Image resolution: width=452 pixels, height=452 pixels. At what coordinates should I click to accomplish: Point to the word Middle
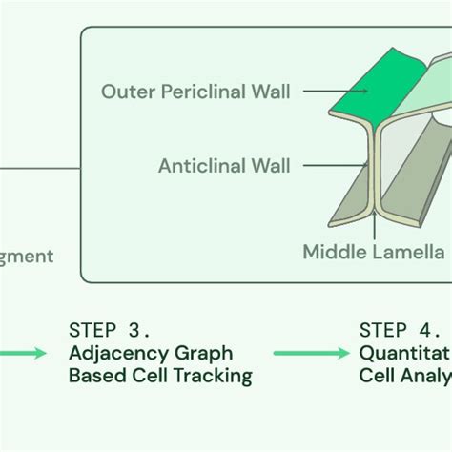tap(334, 252)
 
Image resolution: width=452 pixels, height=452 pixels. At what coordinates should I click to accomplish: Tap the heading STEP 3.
tap(109, 330)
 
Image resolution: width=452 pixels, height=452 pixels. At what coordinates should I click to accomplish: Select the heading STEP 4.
tap(400, 330)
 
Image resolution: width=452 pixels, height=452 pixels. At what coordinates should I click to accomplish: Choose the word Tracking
tap(213, 376)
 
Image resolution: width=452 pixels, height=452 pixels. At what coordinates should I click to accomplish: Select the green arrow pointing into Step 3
tap(23, 354)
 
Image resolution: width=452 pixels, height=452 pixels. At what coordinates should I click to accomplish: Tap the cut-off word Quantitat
tap(404, 353)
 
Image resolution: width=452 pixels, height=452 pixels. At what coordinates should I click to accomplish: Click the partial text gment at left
tap(27, 257)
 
